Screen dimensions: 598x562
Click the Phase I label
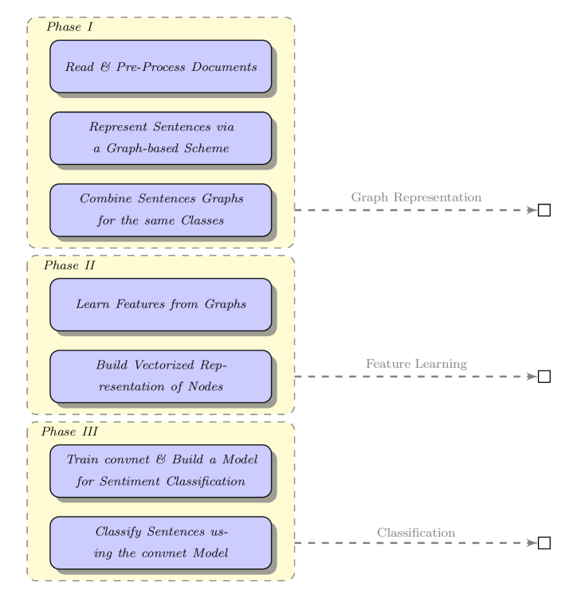tap(69, 27)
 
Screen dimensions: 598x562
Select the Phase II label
tap(69, 265)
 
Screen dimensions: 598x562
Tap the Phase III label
tap(69, 432)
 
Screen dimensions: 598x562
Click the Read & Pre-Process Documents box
tap(161, 67)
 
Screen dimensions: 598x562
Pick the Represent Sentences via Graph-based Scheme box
tap(161, 138)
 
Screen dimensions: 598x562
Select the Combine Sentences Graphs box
tap(161, 209)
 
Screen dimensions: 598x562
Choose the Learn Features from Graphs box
tap(161, 304)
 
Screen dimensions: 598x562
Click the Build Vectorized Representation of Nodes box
tap(161, 376)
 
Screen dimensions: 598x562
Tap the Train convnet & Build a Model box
tap(161, 471)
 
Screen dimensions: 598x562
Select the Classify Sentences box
tap(161, 542)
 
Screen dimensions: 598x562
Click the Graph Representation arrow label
tap(416, 197)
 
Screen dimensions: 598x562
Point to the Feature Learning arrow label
tap(416, 364)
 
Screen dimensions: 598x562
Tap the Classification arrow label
tap(416, 532)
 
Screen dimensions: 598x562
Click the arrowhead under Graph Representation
tap(533, 210)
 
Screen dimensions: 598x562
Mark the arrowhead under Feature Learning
tap(533, 377)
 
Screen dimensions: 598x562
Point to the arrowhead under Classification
tap(533, 543)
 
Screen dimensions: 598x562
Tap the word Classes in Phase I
tap(202, 221)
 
